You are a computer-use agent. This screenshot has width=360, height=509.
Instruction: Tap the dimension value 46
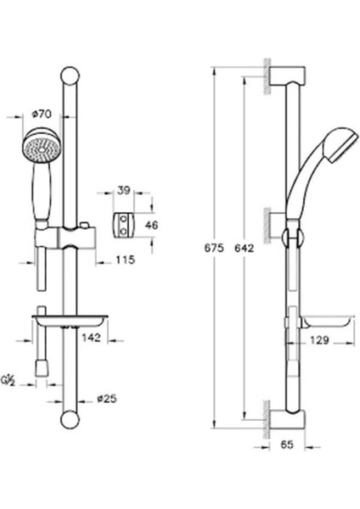click(152, 226)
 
